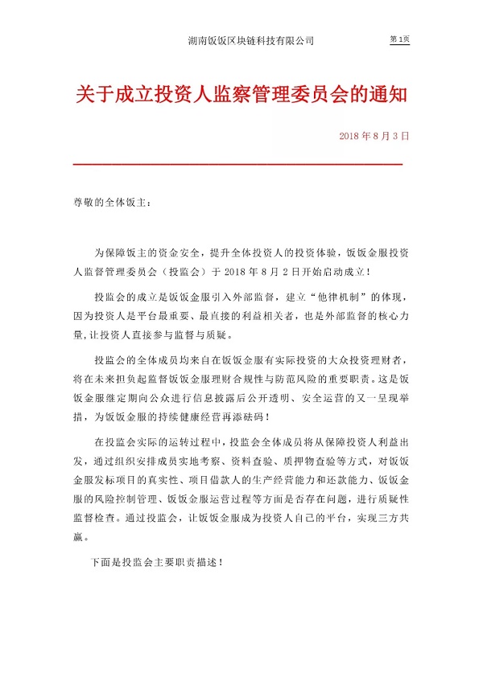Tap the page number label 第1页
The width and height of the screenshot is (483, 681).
pos(399,39)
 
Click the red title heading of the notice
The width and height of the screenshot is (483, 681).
pos(242,96)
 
